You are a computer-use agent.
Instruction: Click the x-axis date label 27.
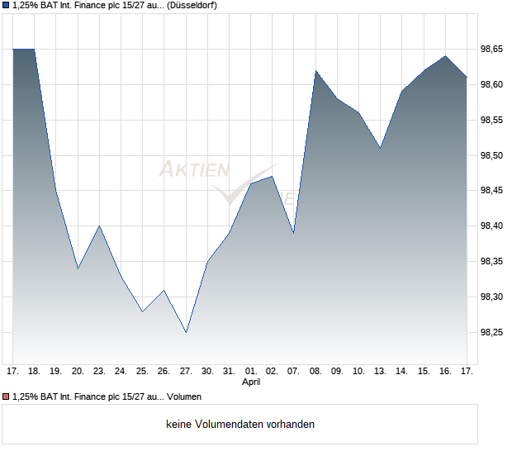pos(186,371)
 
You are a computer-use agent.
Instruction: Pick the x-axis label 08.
pos(315,371)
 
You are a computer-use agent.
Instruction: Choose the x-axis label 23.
pos(99,371)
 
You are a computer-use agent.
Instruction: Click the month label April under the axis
pos(252,382)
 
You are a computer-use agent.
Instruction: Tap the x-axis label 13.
pos(380,371)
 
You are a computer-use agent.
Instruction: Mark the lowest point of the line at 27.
pos(186,332)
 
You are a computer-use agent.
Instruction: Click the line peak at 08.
pos(315,71)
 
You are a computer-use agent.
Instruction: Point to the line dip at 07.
pos(294,233)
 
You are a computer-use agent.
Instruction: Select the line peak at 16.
pos(445,56)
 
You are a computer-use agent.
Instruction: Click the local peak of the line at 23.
pos(99,225)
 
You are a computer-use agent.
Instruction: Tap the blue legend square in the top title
pos(5,6)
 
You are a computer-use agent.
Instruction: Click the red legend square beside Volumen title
pos(5,396)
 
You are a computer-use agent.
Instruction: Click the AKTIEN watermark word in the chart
pos(194,170)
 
